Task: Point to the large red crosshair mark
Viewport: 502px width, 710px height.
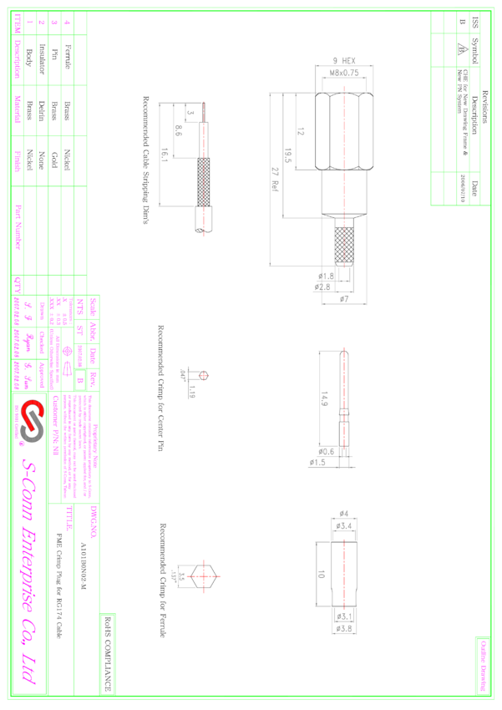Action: point(203,576)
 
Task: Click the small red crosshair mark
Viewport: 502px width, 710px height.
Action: point(203,376)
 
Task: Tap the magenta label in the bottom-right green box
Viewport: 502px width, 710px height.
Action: point(483,666)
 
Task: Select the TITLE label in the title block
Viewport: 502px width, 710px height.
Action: point(68,519)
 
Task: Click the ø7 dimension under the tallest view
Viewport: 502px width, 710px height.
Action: point(344,298)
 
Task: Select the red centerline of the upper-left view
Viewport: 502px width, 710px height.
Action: point(203,167)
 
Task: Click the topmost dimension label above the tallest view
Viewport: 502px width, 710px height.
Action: point(344,61)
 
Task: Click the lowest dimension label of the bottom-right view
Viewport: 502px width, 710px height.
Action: point(344,629)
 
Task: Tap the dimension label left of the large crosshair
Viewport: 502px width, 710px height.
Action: point(176,576)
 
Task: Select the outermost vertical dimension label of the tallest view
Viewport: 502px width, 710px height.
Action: point(275,180)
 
